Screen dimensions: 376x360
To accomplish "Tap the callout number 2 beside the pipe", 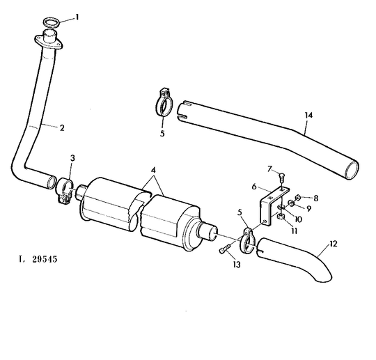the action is pos(62,128).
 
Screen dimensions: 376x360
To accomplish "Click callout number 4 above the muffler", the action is pos(153,170).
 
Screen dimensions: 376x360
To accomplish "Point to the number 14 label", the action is pos(309,116).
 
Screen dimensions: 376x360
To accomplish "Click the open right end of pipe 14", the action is pos(351,170).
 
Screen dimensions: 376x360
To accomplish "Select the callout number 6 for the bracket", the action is pos(254,187).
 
